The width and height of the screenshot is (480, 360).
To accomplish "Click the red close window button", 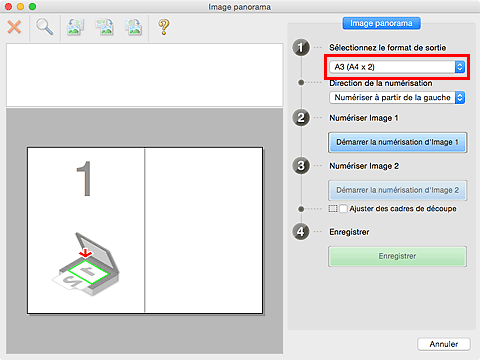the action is [9, 7].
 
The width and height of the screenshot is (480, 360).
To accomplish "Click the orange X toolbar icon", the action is [14, 27].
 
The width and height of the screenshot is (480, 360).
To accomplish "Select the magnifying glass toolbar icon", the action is [44, 27].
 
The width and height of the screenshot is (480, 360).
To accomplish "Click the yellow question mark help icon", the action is [164, 27].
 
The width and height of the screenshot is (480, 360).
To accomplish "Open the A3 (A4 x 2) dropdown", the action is [397, 67].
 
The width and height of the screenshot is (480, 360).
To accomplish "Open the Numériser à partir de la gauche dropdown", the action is [397, 98].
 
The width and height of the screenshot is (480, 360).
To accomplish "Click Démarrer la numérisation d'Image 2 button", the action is [397, 190].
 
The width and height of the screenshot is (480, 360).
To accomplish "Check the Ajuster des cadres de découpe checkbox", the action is [343, 209].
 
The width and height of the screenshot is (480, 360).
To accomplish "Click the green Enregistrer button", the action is [397, 256].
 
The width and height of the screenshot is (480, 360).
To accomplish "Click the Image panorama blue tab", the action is [381, 23].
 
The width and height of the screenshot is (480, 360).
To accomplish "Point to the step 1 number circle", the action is [301, 48].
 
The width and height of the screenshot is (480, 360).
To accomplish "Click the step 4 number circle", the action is [301, 232].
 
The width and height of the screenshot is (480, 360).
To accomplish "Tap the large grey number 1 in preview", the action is [84, 178].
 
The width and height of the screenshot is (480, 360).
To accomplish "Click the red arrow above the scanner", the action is [86, 253].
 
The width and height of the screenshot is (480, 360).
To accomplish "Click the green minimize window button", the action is [32, 7].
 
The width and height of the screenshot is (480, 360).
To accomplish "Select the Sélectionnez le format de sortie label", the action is [388, 48].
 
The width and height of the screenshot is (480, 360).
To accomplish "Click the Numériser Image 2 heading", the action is [364, 166].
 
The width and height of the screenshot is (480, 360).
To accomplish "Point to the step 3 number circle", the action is [301, 166].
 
